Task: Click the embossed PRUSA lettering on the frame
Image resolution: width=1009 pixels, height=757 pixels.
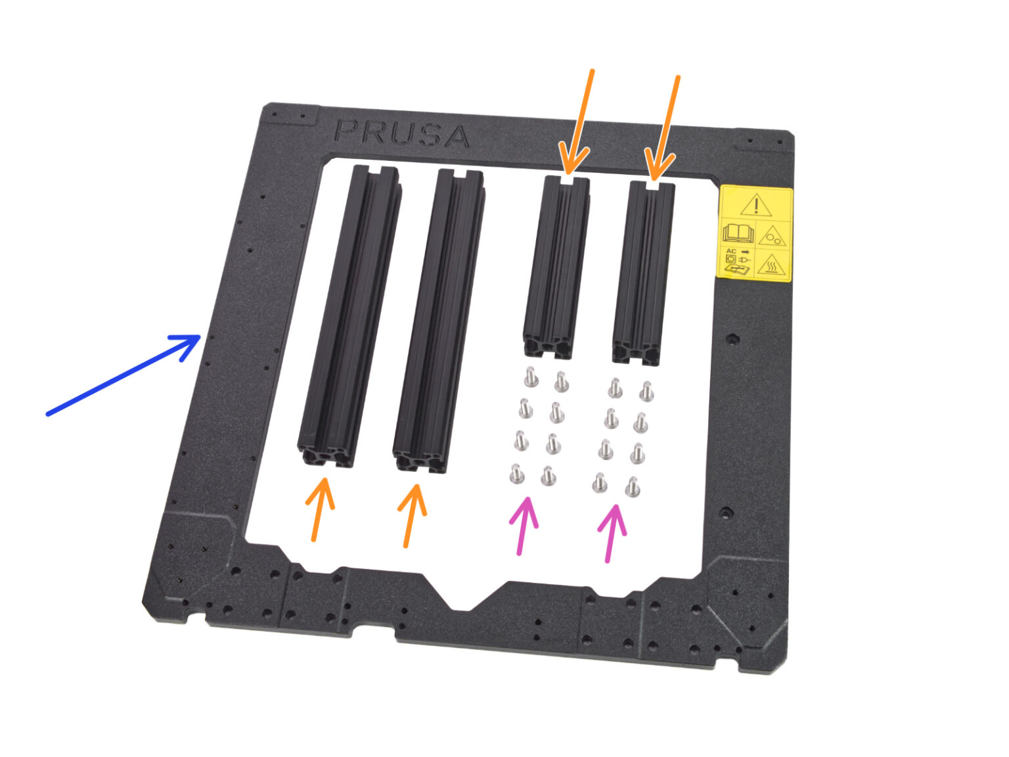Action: [x=401, y=133]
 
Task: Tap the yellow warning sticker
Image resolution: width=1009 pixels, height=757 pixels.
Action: [x=755, y=233]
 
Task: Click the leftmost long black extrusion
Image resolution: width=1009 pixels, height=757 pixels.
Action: [x=349, y=315]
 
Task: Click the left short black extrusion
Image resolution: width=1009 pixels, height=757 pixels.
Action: [x=556, y=266]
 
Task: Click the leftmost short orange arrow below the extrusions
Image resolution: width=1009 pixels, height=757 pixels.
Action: [x=320, y=509]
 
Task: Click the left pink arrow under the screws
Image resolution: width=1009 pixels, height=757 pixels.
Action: [x=524, y=525]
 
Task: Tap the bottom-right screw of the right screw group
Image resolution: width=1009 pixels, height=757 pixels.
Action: [x=633, y=487]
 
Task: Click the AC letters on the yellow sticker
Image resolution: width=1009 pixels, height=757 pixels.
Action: [x=730, y=252]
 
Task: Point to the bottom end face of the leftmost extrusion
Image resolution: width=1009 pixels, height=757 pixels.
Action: [x=325, y=456]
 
